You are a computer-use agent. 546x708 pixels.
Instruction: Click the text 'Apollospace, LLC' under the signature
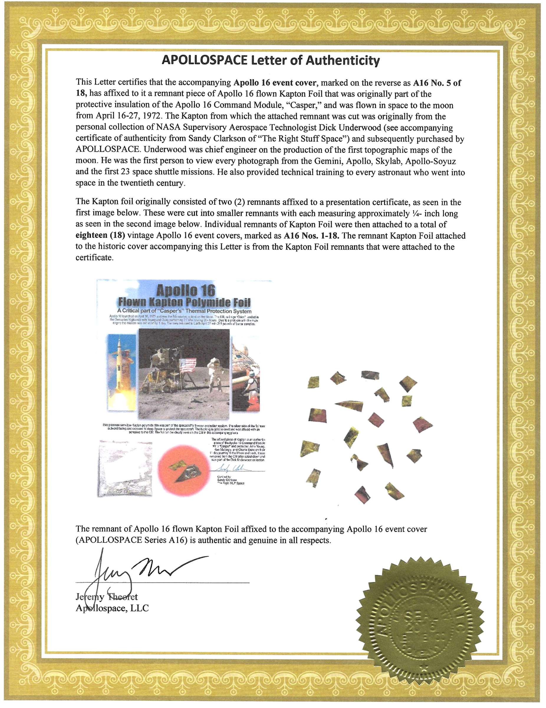pyautogui.click(x=112, y=608)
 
